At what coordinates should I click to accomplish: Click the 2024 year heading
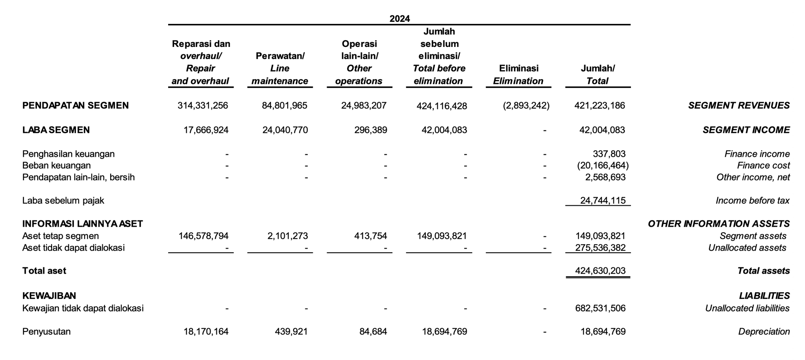pos(400,18)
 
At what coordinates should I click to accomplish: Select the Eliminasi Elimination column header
pos(518,75)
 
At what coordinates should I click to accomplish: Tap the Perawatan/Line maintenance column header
pos(280,68)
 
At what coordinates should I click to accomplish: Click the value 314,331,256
pos(203,106)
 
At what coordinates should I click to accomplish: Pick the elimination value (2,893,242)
pos(526,106)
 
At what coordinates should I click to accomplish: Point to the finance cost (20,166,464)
pos(603,166)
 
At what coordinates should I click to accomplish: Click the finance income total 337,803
pos(609,154)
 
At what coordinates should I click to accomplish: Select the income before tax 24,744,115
pos(603,200)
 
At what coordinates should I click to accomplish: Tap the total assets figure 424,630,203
pos(600,271)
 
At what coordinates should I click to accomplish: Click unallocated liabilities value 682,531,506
pos(600,308)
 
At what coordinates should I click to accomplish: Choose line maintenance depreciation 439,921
pos(291,332)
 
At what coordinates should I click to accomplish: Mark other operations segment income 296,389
pos(371,130)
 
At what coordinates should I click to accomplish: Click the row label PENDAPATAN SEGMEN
pos(75,106)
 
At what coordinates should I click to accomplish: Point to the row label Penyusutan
pos(47,332)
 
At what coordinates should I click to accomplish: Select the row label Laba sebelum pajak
pos(63,200)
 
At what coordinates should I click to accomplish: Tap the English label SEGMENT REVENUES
pos(739,106)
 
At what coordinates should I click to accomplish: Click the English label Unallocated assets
pos(747,248)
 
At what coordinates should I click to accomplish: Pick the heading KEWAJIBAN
pos(49,296)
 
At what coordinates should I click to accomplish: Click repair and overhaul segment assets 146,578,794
pos(203,236)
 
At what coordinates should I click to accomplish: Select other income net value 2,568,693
pos(605,177)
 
